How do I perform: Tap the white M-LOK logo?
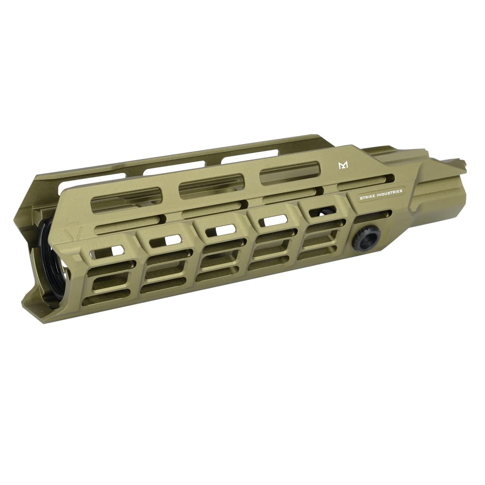pyautogui.click(x=343, y=166)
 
